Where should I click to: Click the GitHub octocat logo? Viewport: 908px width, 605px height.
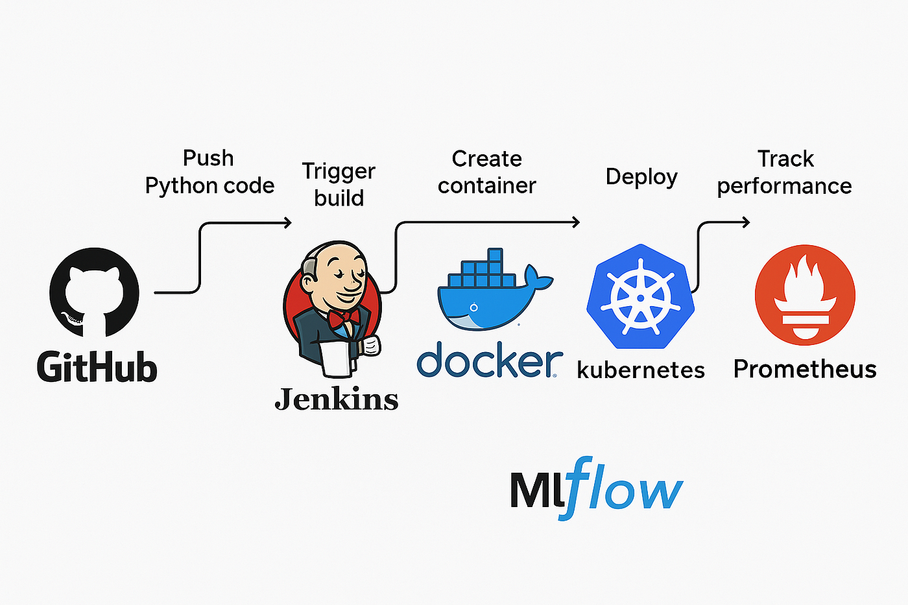coord(94,292)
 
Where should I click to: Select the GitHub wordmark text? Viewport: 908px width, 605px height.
coord(97,367)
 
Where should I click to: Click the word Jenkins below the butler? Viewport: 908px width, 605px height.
coord(337,399)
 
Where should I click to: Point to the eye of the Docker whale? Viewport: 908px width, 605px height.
coord(473,307)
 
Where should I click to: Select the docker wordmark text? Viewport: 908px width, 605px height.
coord(490,359)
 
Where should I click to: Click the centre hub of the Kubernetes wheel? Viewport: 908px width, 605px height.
coord(641,298)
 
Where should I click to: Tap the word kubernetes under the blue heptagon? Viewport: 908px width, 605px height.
coord(641,370)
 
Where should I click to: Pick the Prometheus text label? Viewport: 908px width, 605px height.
coord(805,369)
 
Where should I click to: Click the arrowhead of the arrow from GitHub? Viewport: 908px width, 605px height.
coord(288,222)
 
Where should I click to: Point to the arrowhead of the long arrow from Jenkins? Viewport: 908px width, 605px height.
coord(576,222)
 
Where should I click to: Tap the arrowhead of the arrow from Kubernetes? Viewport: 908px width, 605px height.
coord(746,222)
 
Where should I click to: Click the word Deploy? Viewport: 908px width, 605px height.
coord(641,177)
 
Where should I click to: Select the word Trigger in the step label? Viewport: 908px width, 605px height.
coord(339,172)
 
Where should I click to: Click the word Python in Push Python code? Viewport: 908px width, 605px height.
coord(181,186)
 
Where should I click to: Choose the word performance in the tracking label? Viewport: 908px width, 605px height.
coord(785,187)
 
